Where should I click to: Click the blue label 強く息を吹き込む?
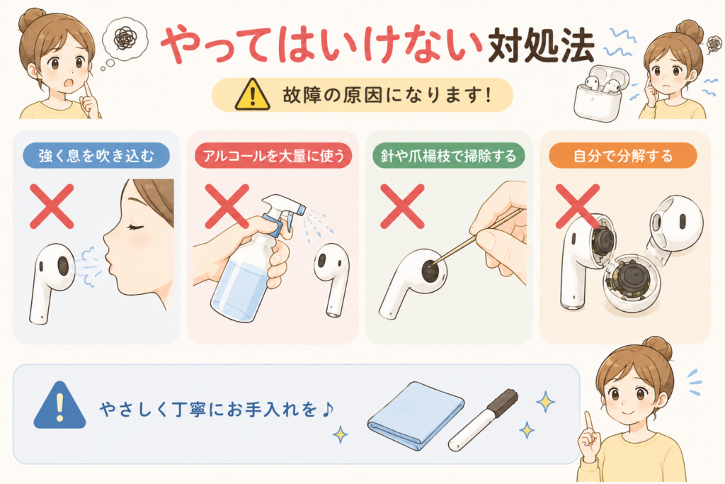tap(96, 155)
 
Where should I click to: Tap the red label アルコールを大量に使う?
tap(273, 155)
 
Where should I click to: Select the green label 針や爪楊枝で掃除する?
tap(448, 155)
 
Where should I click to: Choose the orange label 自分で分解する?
tap(623, 155)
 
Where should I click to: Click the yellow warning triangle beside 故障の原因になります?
tap(253, 95)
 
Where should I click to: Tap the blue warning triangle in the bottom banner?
tap(59, 405)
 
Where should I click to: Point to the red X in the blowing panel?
tap(52, 206)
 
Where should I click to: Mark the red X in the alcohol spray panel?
tap(227, 206)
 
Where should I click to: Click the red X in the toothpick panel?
tap(402, 206)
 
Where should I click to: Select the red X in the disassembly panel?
tap(577, 206)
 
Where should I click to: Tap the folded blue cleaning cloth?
tap(416, 415)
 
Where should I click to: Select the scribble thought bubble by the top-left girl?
tap(125, 39)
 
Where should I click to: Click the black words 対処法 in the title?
tap(541, 45)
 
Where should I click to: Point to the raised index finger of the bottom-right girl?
tap(588, 422)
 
